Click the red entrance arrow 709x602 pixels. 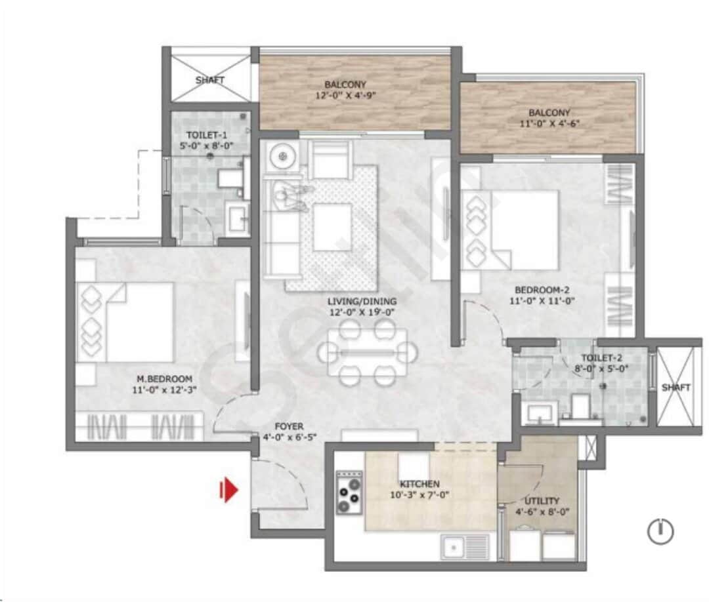coord(228,489)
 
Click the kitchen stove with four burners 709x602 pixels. coord(349,492)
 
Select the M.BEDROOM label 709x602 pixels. coord(164,378)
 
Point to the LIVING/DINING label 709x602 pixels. coord(362,301)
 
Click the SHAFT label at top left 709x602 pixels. coord(210,80)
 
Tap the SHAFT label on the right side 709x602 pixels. coord(676,388)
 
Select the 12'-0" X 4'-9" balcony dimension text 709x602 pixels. coord(345,94)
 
